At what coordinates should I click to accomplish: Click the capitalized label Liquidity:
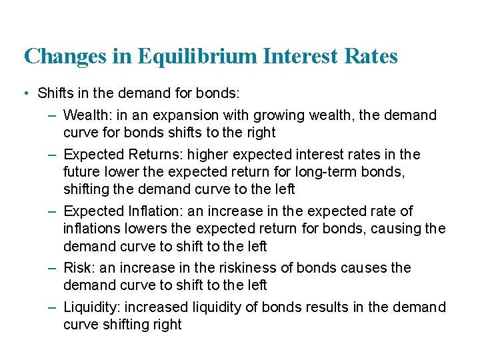coord(93,307)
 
